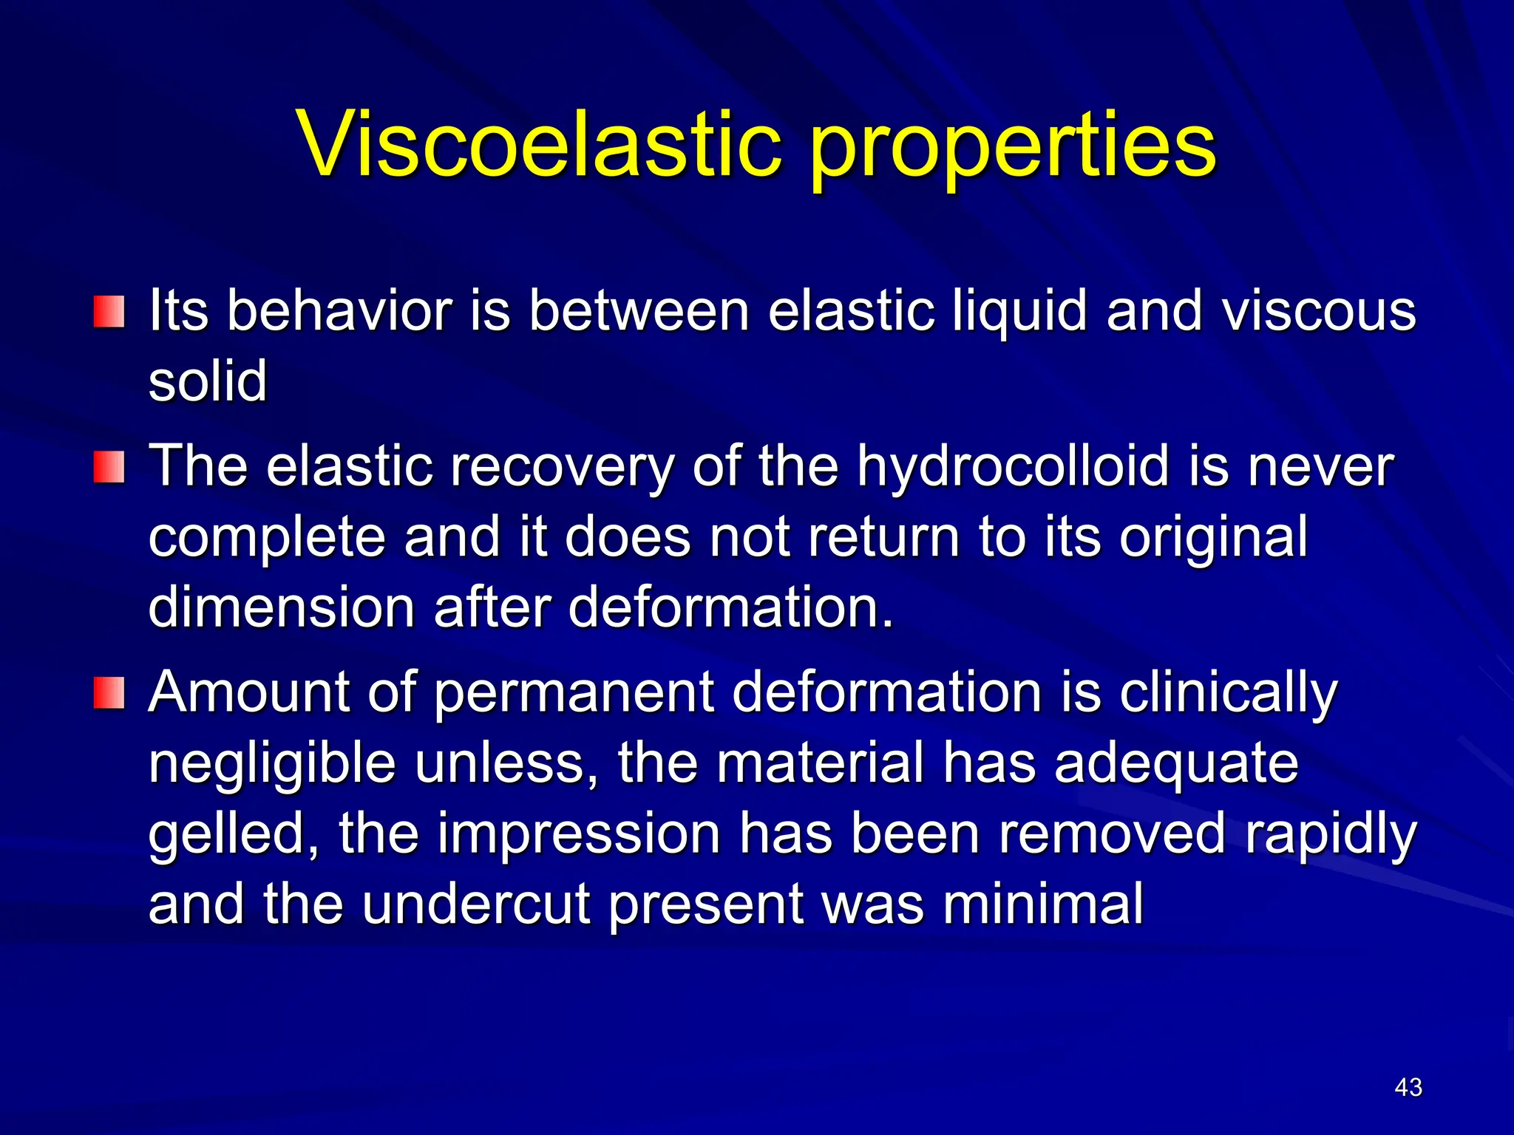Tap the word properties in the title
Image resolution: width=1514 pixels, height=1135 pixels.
coord(1013,148)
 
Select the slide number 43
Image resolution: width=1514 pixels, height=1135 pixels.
coord(1408,1087)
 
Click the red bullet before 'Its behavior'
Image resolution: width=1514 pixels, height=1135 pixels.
coord(109,312)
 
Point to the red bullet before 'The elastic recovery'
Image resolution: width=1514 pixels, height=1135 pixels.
coord(109,468)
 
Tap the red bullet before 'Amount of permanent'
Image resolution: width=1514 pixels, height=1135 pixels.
coord(109,693)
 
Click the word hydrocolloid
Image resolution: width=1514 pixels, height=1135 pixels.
coord(1014,468)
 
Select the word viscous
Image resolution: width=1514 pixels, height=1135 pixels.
coord(1319,310)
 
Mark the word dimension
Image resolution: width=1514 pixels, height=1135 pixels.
coord(282,607)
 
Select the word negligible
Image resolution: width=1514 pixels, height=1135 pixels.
coord(272,765)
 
